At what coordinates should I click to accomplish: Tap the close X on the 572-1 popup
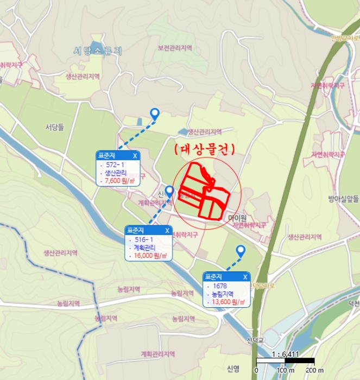(x=135, y=155)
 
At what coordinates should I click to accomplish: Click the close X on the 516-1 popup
(x=167, y=230)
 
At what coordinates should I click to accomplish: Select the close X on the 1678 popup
(x=245, y=277)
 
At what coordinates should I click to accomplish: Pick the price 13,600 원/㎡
(x=229, y=302)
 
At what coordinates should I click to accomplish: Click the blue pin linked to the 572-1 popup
(x=155, y=113)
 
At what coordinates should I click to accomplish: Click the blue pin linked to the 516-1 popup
(x=169, y=191)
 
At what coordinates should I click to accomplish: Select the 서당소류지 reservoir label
(x=98, y=51)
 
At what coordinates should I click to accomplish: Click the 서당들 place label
(x=54, y=128)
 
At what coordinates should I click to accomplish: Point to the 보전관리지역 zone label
(x=175, y=48)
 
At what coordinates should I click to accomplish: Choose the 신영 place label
(x=233, y=369)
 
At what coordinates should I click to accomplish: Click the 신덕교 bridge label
(x=255, y=340)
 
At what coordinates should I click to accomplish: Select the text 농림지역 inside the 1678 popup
(x=225, y=294)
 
